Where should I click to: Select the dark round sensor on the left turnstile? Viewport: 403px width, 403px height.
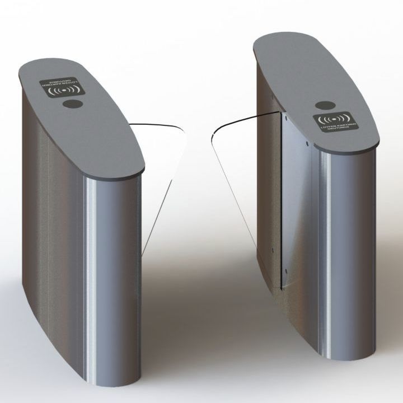71,104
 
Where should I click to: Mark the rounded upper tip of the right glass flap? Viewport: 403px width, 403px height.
216,134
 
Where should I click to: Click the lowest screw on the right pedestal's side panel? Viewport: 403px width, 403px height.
286,273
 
